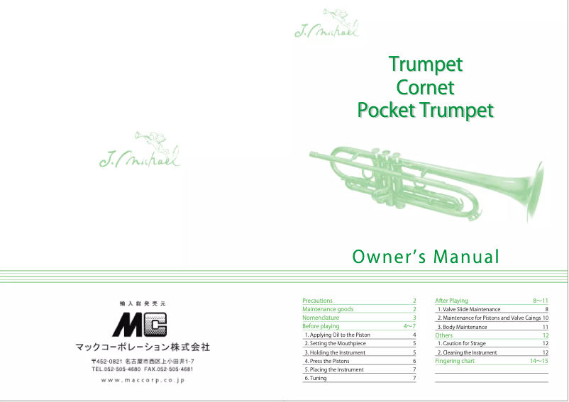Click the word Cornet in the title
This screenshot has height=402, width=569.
425,88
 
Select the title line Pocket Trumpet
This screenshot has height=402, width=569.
425,111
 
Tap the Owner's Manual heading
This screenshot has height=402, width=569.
426,257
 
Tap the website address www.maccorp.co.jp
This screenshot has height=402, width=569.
143,381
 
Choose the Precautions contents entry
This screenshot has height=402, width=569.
317,301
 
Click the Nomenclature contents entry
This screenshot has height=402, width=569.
321,318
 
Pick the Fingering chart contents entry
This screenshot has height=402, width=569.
455,361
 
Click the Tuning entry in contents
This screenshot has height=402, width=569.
315,378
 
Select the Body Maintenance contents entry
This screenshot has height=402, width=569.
462,327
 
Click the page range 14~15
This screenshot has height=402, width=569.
538,361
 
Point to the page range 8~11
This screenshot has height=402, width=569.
540,301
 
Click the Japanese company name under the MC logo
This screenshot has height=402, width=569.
143,347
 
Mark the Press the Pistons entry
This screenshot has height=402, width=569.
326,361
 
